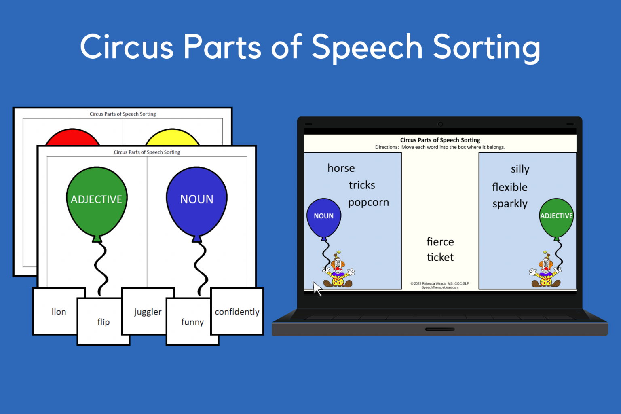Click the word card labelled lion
[59, 311]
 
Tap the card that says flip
[103, 322]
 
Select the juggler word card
[148, 312]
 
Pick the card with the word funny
[192, 322]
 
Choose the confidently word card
[237, 312]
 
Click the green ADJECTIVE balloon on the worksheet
[97, 200]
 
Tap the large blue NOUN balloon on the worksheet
[196, 200]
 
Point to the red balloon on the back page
[72, 137]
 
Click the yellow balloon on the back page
[172, 137]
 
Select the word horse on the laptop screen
[341, 168]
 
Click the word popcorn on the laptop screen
[368, 202]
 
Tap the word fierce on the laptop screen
[440, 242]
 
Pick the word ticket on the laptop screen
[440, 257]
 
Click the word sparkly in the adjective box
[510, 204]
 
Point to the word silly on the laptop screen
[520, 169]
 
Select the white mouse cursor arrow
[317, 288]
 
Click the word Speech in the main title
[367, 48]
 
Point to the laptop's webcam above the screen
[440, 124]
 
